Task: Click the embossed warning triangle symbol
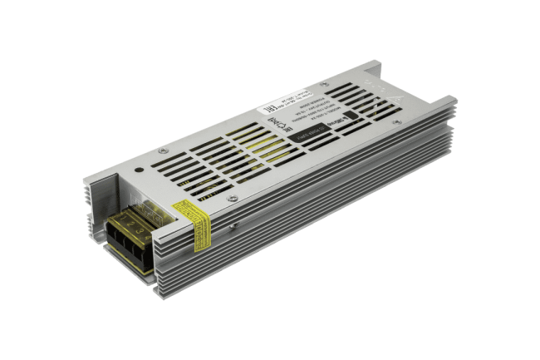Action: pos(399,98)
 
